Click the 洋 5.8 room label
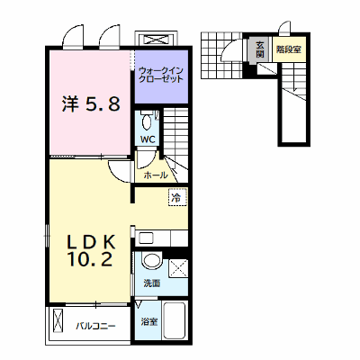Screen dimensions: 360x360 click(x=91, y=103)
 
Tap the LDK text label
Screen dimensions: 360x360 click(x=91, y=242)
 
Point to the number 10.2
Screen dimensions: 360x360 click(x=90, y=259)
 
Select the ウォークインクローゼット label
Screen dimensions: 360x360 click(x=161, y=75)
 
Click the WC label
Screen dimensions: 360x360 click(x=148, y=139)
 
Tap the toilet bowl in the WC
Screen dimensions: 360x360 click(x=147, y=121)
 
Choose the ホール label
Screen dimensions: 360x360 click(x=156, y=175)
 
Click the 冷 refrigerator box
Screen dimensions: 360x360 click(x=177, y=197)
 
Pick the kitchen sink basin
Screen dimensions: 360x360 click(x=147, y=238)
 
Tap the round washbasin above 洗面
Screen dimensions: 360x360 click(x=151, y=260)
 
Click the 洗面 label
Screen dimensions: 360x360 click(x=151, y=283)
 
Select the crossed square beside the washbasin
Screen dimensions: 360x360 click(x=178, y=268)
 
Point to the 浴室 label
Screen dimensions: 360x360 click(x=149, y=322)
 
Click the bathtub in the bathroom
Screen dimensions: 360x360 click(x=174, y=320)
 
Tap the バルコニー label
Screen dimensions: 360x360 click(x=95, y=326)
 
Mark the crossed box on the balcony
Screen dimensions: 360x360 click(x=58, y=320)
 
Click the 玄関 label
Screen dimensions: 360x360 click(x=260, y=49)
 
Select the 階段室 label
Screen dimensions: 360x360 click(x=289, y=49)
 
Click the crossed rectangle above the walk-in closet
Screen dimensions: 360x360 click(x=157, y=40)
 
